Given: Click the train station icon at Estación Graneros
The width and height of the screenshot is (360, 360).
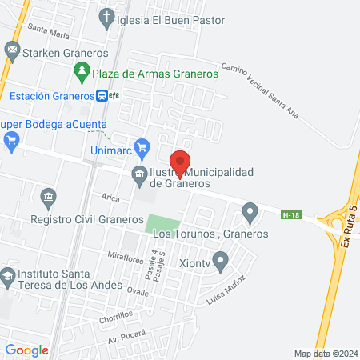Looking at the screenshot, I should pyautogui.click(x=103, y=95).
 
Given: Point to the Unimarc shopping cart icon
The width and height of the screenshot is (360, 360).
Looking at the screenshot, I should pyautogui.click(x=142, y=147).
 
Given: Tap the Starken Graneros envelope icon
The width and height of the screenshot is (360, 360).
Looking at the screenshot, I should pyautogui.click(x=12, y=51).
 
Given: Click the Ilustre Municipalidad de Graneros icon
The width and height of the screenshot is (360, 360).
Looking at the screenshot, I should pyautogui.click(x=139, y=174).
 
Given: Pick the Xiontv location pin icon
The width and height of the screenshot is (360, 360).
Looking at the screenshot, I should pyautogui.click(x=222, y=258).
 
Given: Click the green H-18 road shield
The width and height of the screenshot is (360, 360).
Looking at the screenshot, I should pyautogui.click(x=292, y=214).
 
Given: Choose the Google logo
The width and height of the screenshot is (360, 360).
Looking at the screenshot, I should pyautogui.click(x=27, y=350).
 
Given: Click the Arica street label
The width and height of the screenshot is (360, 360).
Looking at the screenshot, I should pyautogui.click(x=110, y=196).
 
